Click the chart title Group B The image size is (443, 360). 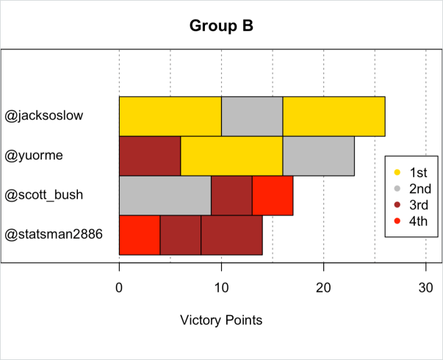click(x=221, y=26)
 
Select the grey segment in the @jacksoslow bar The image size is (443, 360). click(x=252, y=116)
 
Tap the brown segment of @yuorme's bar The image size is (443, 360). click(x=150, y=156)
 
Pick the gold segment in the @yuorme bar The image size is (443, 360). click(x=231, y=156)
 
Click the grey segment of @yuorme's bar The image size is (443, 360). click(x=318, y=156)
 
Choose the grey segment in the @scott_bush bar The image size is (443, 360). click(x=165, y=195)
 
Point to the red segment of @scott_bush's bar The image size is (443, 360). click(x=273, y=195)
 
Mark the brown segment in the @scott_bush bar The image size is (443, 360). click(x=231, y=195)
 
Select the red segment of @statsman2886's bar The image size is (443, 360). click(x=140, y=235)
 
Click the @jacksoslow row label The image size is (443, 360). click(x=44, y=116)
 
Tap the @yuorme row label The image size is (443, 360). click(x=34, y=156)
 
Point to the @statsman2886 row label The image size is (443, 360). click(x=54, y=235)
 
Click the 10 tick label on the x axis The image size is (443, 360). click(x=221, y=288)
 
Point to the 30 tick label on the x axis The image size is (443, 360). click(x=425, y=288)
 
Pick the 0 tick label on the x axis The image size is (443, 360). click(x=119, y=288)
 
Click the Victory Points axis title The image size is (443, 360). click(x=221, y=320)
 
